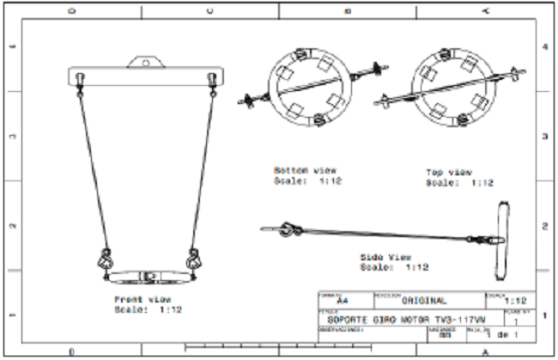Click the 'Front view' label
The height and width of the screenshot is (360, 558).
[x=137, y=298]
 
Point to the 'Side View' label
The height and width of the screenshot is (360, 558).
[x=387, y=257]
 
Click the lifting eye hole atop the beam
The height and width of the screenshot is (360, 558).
[x=146, y=62]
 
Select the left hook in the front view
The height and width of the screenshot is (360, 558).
[x=106, y=259]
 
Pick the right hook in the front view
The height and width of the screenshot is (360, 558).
[x=194, y=259]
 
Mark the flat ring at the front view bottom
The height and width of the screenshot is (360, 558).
[x=149, y=277]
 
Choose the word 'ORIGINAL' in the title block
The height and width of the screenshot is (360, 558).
[x=424, y=302]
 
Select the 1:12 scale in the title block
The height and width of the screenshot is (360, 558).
[x=516, y=302]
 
